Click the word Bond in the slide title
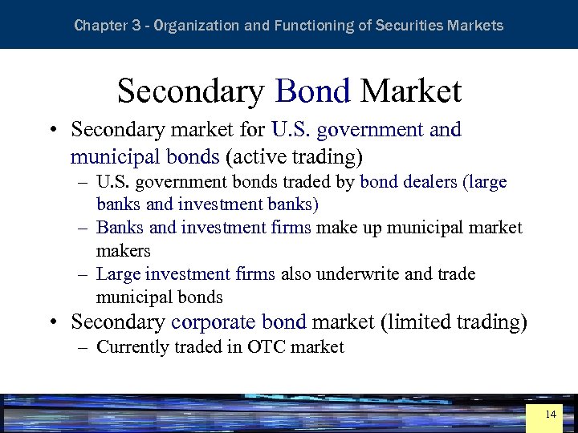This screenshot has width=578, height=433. pyautogui.click(x=312, y=91)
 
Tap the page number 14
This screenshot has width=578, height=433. pyautogui.click(x=550, y=415)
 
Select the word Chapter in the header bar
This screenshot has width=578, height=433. pyautogui.click(x=100, y=26)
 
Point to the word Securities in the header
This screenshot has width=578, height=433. pyautogui.click(x=413, y=26)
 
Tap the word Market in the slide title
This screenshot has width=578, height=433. pyautogui.click(x=410, y=91)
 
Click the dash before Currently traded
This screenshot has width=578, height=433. pyautogui.click(x=83, y=347)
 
